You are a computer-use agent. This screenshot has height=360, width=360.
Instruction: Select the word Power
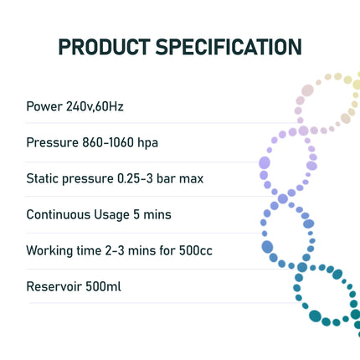44,107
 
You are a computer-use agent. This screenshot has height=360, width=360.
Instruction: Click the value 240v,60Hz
95,107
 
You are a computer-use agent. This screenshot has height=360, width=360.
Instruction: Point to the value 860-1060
106,143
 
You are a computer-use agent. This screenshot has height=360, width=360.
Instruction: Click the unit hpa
147,143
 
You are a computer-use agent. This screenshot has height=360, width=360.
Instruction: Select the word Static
42,179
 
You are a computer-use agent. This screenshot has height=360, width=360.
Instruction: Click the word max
192,179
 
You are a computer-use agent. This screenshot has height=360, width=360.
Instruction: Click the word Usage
112,215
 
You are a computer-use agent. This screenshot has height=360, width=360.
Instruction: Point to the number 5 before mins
136,215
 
